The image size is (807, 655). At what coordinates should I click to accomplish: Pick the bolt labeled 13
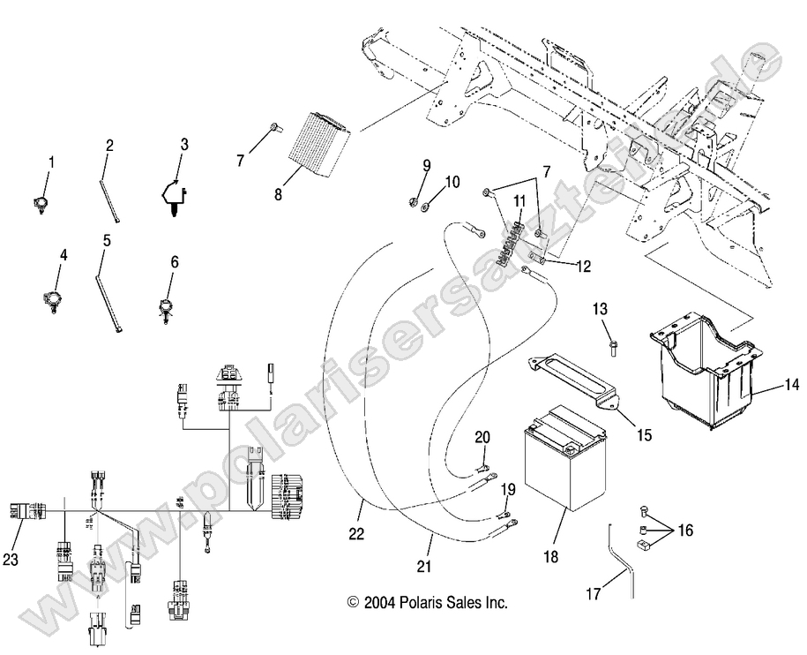[x=610, y=343]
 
